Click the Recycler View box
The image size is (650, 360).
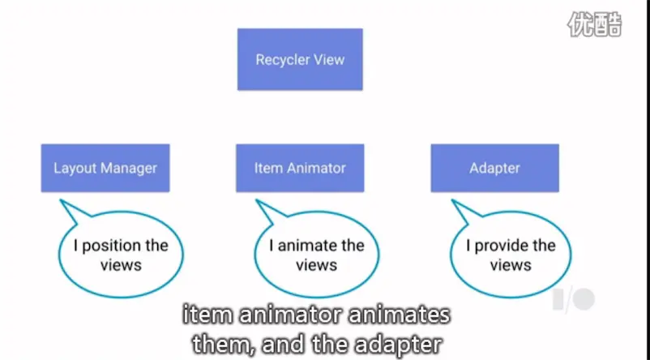[300, 59]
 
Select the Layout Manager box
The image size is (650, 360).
[105, 168]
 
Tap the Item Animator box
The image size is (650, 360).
[300, 168]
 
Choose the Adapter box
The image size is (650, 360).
[494, 168]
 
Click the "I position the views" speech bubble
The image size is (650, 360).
[122, 255]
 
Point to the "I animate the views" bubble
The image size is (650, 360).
[316, 255]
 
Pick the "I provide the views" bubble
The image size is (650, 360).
[511, 255]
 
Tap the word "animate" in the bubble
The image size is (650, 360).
[309, 246]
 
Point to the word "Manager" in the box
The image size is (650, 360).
[130, 168]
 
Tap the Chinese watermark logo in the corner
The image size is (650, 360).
[594, 24]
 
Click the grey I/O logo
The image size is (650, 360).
[574, 299]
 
